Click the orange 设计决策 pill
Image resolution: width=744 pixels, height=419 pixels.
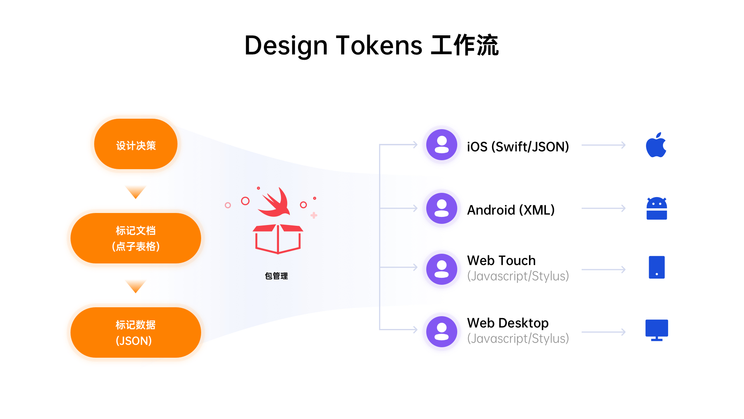tap(136, 144)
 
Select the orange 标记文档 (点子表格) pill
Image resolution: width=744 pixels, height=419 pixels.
tap(136, 238)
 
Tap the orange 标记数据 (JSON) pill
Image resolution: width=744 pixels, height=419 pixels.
tap(136, 332)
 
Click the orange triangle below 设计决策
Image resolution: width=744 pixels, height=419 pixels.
tap(136, 192)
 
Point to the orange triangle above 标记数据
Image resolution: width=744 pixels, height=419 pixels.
tap(136, 286)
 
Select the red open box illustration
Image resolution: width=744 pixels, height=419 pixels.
tap(278, 238)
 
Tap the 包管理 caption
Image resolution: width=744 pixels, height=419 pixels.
tap(276, 276)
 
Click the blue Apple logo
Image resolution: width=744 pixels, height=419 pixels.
tap(656, 145)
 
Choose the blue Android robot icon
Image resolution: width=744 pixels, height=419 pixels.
tap(656, 209)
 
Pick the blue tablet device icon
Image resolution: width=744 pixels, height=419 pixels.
tap(656, 267)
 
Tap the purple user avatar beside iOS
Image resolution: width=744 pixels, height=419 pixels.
tap(442, 145)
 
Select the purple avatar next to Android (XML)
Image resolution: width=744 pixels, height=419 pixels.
tap(442, 208)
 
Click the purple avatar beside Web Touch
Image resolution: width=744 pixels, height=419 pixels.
tap(442, 269)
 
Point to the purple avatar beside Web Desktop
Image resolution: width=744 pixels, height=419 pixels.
tap(442, 332)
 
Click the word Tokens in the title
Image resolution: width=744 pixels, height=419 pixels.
tap(379, 45)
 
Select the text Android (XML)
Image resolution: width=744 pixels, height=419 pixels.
tap(511, 210)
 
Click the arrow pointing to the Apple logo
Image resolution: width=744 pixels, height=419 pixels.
tap(604, 145)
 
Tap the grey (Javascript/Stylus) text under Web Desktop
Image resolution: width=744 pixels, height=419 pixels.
tap(518, 339)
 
